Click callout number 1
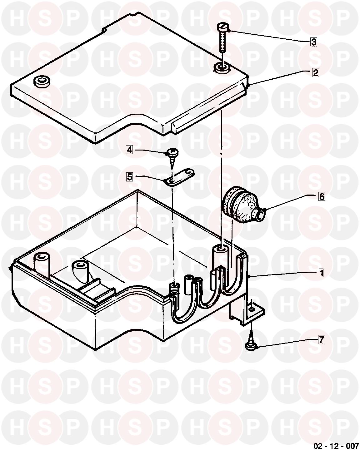pos(321,273)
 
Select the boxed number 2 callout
pos(315,72)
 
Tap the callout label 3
pos(313,42)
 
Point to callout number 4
pos(130,150)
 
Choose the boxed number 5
pos(130,177)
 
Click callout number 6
pos(322,196)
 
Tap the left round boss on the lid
pos(42,82)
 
